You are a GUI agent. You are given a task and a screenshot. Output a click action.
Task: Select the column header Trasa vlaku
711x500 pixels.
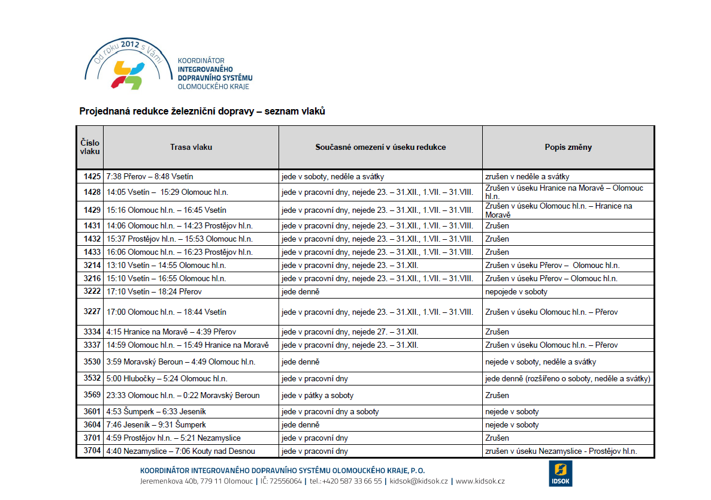pyautogui.click(x=190, y=147)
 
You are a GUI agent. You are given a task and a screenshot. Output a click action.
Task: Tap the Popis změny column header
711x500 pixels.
pyautogui.click(x=568, y=147)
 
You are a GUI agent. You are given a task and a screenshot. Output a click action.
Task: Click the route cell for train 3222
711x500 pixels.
pyautogui.click(x=154, y=292)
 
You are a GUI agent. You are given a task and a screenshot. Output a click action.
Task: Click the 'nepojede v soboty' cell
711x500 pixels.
pyautogui.click(x=516, y=292)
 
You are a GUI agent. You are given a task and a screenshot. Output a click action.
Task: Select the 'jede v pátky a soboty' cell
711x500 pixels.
pyautogui.click(x=317, y=396)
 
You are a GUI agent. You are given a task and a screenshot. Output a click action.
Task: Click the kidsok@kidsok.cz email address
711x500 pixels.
pyautogui.click(x=419, y=481)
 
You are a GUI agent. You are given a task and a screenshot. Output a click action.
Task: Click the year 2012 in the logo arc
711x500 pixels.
pyautogui.click(x=130, y=44)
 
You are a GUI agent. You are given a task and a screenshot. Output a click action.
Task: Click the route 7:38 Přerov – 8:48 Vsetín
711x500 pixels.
pyautogui.click(x=149, y=177)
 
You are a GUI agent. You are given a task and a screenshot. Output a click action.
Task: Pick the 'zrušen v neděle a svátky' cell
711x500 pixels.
pyautogui.click(x=527, y=177)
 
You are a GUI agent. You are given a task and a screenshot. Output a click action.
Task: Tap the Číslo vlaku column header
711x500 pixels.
pyautogui.click(x=90, y=147)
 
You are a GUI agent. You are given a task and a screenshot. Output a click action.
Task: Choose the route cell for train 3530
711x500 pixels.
pyautogui.click(x=180, y=362)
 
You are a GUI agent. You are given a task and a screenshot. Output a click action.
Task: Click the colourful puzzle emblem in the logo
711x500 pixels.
pyautogui.click(x=128, y=74)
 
